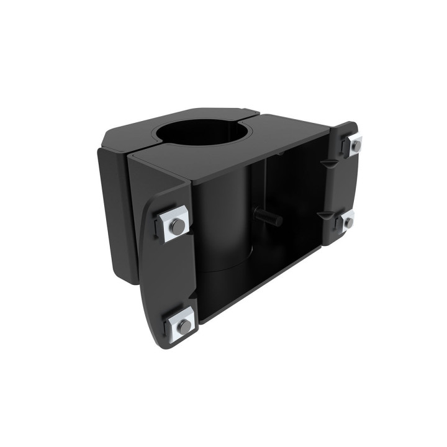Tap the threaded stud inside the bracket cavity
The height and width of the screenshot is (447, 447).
coord(269,218)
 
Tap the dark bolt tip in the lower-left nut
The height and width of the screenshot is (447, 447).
coord(184,326)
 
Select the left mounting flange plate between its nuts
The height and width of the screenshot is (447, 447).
coord(168,273)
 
